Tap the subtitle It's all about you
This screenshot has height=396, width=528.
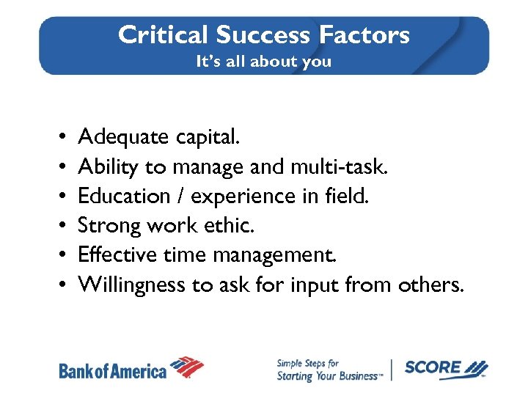263,62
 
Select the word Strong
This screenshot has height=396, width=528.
107,225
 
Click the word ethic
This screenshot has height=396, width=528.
232,225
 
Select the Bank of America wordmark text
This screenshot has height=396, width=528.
112,371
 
